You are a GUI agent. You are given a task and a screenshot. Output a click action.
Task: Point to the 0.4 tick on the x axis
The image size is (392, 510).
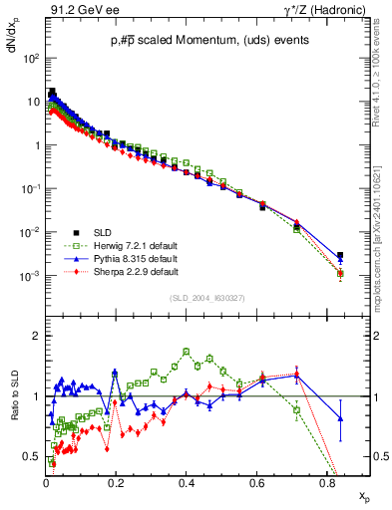(x=186, y=484)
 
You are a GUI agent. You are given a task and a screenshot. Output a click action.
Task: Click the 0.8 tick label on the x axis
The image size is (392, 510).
(x=326, y=484)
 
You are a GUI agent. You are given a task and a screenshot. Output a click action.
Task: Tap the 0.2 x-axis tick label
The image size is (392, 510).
(x=116, y=484)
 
